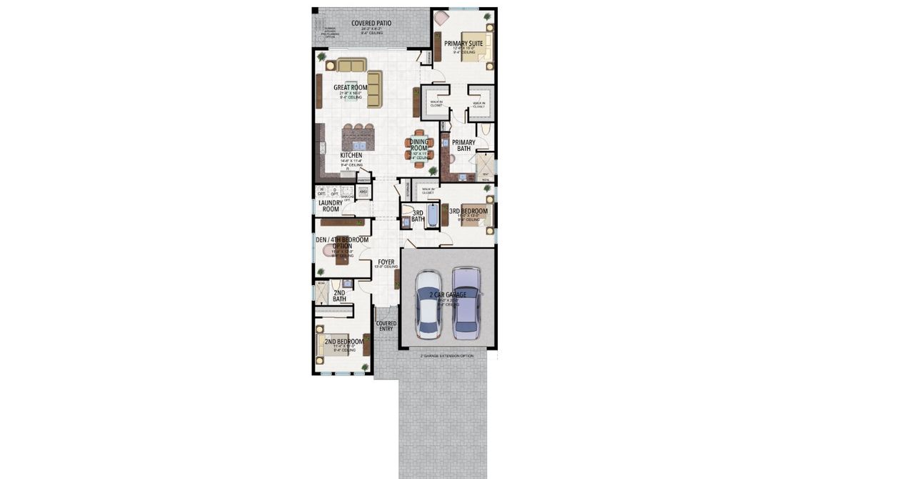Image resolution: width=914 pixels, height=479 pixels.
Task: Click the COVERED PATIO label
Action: (x=371, y=24)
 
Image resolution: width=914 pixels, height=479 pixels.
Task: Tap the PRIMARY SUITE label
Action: (x=463, y=44)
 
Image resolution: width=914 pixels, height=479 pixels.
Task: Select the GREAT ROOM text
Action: (x=351, y=88)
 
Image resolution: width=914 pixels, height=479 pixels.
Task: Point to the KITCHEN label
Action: (x=351, y=155)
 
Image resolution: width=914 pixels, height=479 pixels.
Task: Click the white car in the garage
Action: (x=429, y=305)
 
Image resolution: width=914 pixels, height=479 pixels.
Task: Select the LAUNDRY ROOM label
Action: (x=330, y=206)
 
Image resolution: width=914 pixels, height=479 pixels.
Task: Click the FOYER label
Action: (x=386, y=262)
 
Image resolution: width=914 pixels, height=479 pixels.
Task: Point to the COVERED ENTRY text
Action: (x=386, y=326)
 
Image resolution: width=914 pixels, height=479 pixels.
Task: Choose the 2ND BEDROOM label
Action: (x=343, y=342)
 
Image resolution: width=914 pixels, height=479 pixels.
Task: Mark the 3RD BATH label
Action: (x=418, y=216)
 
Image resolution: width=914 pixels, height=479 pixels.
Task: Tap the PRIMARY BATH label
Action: (x=463, y=145)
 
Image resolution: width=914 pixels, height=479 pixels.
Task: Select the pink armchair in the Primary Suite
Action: (x=441, y=19)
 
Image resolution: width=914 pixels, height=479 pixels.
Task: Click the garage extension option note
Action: (x=446, y=355)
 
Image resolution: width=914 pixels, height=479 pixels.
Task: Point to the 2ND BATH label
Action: (x=339, y=295)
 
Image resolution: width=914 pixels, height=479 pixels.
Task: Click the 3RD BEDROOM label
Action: (x=468, y=212)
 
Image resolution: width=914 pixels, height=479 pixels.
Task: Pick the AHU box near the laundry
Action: (x=363, y=192)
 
